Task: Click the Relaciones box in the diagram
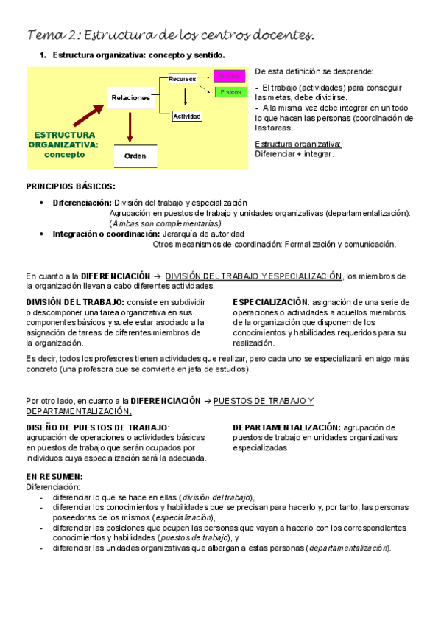tap(130, 97)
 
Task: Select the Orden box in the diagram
tap(135, 156)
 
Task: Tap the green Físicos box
tap(227, 93)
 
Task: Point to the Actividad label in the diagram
tap(187, 116)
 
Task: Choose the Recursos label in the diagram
tap(182, 78)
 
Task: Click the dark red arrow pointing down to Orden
tap(130, 125)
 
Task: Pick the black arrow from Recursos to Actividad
tap(186, 97)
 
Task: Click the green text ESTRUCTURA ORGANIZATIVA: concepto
tap(61, 144)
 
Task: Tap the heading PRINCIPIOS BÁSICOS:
tap(71, 187)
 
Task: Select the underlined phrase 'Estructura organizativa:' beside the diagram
tap(297, 144)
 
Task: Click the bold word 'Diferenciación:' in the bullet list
tap(82, 203)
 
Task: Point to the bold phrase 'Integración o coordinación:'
tap(99, 234)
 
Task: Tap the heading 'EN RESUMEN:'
tap(54, 476)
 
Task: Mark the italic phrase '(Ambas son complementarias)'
tap(165, 223)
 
